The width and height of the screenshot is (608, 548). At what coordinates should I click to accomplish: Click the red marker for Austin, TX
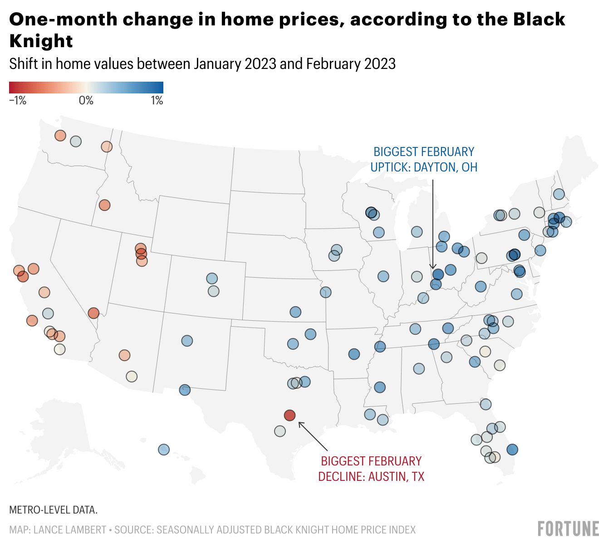click(289, 415)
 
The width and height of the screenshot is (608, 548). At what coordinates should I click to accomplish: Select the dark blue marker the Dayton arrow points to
click(438, 274)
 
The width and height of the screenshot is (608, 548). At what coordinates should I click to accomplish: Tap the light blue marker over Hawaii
click(164, 450)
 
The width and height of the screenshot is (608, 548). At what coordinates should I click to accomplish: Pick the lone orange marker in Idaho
click(105, 205)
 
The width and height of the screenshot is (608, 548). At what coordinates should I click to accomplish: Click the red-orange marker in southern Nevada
click(93, 313)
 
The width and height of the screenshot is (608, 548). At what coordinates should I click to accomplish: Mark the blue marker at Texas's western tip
click(185, 390)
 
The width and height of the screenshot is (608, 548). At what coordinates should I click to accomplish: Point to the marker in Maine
click(559, 194)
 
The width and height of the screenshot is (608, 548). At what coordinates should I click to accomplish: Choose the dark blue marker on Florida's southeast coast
click(512, 450)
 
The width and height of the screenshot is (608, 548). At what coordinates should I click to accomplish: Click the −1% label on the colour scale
click(18, 101)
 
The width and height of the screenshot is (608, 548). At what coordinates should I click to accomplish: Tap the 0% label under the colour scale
click(86, 101)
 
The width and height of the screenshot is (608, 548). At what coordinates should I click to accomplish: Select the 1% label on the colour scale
click(157, 101)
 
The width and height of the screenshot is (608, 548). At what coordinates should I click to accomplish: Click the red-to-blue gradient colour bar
click(86, 88)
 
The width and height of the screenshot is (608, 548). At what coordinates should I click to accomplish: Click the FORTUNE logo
click(568, 529)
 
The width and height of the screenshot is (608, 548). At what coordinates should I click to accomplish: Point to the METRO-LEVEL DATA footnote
click(54, 510)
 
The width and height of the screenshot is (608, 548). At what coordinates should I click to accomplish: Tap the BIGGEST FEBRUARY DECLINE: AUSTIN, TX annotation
click(371, 469)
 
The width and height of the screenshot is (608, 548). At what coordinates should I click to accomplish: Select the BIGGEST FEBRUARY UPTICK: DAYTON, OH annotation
click(424, 159)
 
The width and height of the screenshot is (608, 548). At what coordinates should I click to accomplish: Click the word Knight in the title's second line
click(41, 41)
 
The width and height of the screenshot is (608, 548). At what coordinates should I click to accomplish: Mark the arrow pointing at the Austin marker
click(313, 436)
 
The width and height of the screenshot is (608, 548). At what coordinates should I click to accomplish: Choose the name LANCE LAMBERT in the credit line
click(70, 530)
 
